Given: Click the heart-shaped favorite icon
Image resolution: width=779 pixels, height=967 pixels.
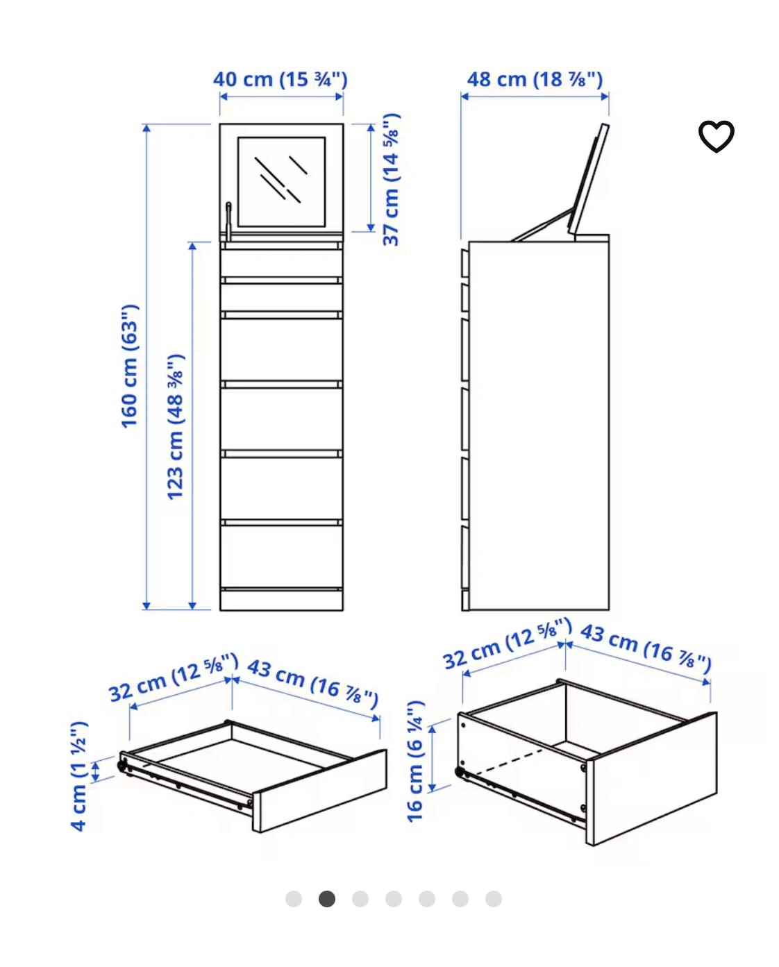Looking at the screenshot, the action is point(716,136).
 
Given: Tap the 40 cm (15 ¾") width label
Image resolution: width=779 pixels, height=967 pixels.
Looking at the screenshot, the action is point(280,80).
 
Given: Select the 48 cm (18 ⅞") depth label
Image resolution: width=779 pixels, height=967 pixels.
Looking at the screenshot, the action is point(535,80).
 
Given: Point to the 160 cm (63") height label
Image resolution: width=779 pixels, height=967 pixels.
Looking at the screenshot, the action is point(129,367).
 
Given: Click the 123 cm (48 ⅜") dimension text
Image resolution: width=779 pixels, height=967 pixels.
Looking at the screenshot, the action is point(175,427).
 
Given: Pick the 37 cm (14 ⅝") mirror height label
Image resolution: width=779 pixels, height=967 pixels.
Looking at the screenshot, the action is point(391,180).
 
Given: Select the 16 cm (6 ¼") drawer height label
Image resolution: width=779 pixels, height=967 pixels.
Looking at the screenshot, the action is point(415,761).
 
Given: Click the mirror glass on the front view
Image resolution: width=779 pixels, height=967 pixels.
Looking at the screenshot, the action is point(281,182).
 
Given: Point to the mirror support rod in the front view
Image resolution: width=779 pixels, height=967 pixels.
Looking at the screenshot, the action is point(229,221).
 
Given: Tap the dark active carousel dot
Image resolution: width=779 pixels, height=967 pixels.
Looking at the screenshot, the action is point(327,899).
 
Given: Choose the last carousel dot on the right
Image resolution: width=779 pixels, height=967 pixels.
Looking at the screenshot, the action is point(494,899).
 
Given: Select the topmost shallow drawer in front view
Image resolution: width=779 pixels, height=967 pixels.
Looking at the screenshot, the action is point(281,263).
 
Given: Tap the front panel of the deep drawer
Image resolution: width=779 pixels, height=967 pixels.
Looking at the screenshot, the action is point(651,779).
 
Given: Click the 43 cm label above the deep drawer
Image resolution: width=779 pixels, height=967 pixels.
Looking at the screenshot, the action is point(646,650).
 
